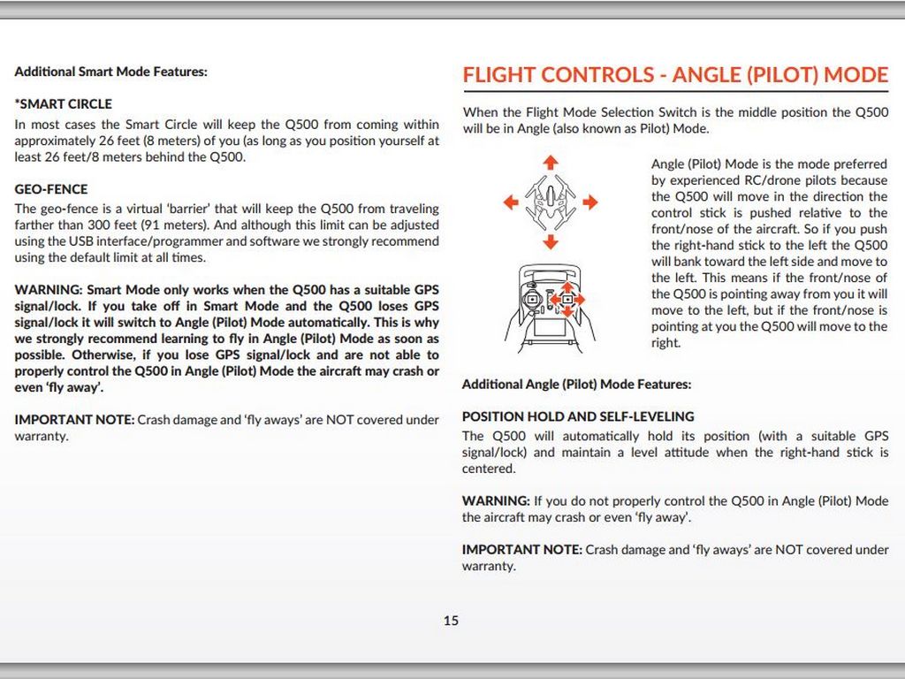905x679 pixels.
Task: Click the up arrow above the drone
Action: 551,163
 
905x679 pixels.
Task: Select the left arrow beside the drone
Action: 510,202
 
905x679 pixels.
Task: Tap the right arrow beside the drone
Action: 589,202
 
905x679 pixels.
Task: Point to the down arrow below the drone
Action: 551,241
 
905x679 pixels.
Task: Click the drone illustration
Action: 550,202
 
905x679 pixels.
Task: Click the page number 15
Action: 451,621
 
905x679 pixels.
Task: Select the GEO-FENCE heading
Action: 51,189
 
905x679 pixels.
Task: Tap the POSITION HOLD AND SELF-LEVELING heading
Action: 578,416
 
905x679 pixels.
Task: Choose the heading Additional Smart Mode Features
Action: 111,71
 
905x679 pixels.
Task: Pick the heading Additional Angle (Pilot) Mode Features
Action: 576,385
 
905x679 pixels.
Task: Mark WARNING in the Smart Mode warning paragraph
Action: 49,290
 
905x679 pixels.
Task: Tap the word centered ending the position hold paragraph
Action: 488,469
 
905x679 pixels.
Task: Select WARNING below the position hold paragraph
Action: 496,501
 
